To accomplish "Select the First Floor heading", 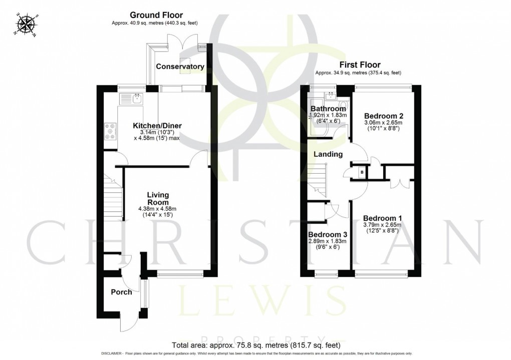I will [360, 65].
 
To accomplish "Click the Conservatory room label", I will [179, 67].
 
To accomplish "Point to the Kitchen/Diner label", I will [157, 125].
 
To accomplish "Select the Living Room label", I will [158, 198].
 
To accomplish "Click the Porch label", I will [121, 292].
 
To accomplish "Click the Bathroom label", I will [328, 109].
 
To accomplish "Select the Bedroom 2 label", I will [382, 114].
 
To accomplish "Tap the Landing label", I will [328, 154].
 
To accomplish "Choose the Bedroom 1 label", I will [382, 218].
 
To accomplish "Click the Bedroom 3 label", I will [327, 235].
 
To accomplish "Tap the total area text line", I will [255, 345].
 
